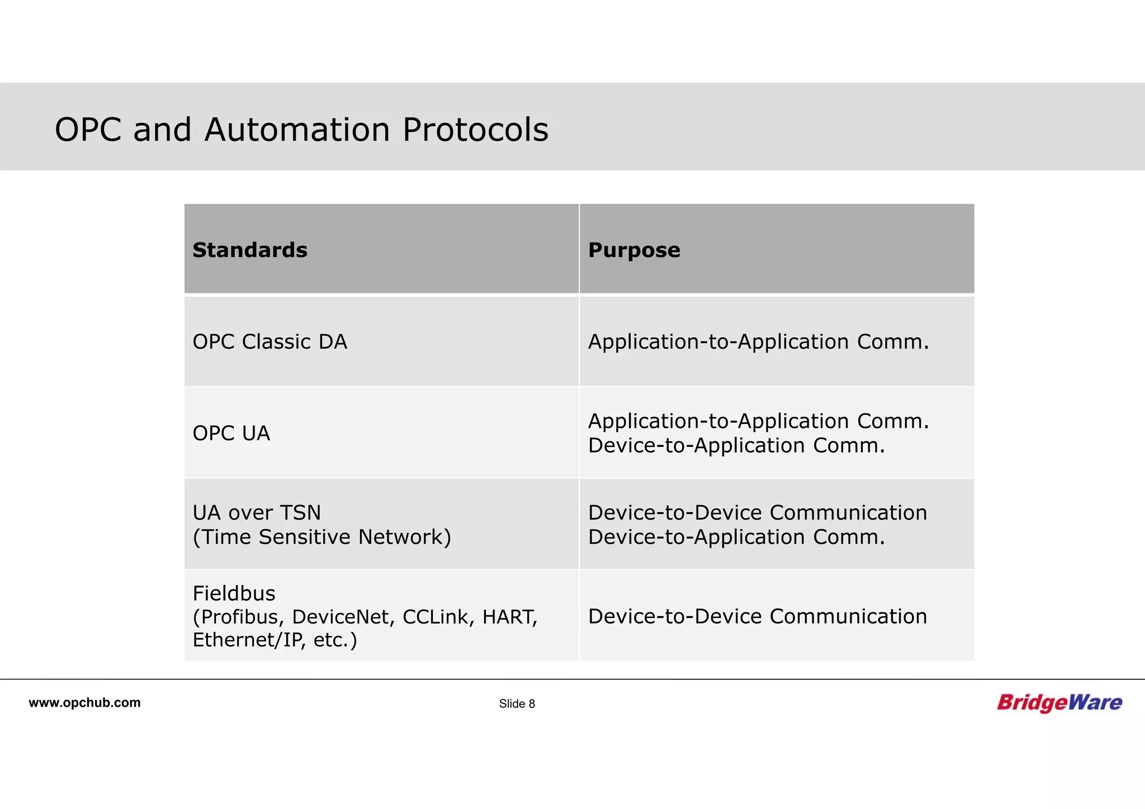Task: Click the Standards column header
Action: coord(250,250)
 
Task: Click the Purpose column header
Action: coord(634,250)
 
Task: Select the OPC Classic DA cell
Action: coord(269,341)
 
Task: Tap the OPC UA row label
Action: coord(231,433)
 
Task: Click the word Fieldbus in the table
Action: coord(234,593)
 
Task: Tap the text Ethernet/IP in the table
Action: coord(249,640)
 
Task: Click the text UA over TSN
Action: coord(257,512)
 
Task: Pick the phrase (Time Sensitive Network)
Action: coord(321,537)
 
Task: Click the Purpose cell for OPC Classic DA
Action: coord(758,341)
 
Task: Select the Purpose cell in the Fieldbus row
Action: coord(757,616)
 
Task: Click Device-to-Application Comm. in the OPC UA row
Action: coord(736,445)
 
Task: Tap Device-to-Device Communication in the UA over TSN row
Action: coord(757,512)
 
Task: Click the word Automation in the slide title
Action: coord(297,130)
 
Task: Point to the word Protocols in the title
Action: coord(475,130)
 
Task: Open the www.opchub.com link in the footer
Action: coord(84,703)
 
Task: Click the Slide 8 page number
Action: coord(517,704)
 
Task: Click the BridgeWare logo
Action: coord(1059,702)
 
